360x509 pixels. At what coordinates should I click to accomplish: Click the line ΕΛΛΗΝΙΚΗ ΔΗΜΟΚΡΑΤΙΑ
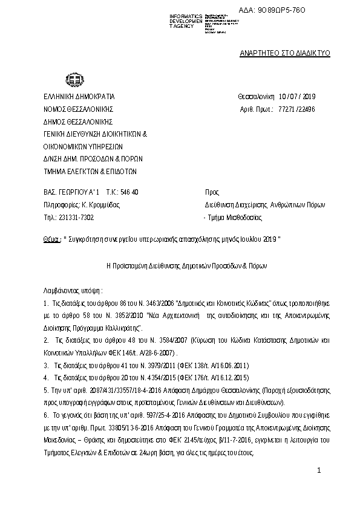tap(78, 97)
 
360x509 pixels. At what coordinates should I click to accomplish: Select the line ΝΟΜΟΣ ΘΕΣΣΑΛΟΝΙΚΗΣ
tap(78, 109)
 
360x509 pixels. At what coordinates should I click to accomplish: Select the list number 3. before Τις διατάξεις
tap(46, 366)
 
